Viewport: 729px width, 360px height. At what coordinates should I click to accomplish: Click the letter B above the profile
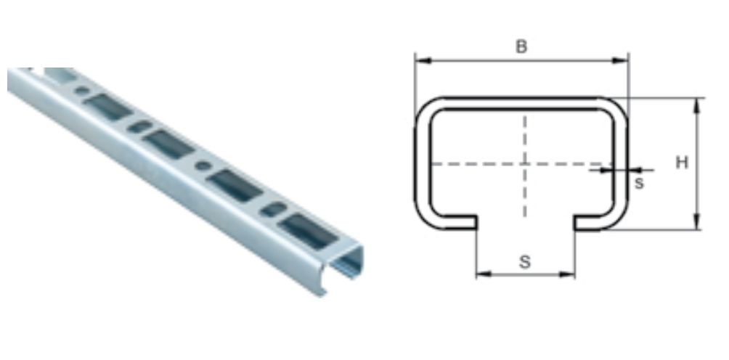tap(521, 46)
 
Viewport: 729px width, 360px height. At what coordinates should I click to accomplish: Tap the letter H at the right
tap(682, 163)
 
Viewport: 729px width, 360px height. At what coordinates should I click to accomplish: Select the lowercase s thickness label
tap(639, 184)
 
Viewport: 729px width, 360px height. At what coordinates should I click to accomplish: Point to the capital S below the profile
tap(524, 262)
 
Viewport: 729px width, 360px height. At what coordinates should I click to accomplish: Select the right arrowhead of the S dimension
tap(567, 274)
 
